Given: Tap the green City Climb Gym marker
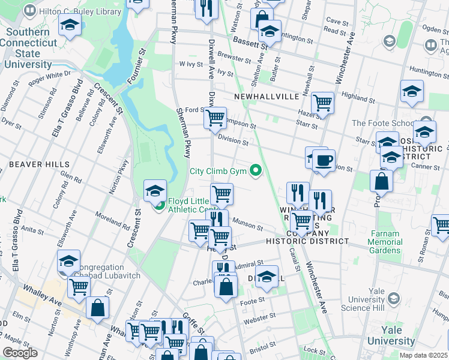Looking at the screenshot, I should click(256, 171).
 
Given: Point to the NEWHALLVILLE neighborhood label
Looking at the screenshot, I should click(262, 96).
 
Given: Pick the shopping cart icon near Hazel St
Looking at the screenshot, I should click(322, 103).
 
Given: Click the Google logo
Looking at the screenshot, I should click(20, 353).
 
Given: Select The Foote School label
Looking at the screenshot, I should click(383, 123).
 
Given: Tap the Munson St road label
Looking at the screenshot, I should click(248, 225).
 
